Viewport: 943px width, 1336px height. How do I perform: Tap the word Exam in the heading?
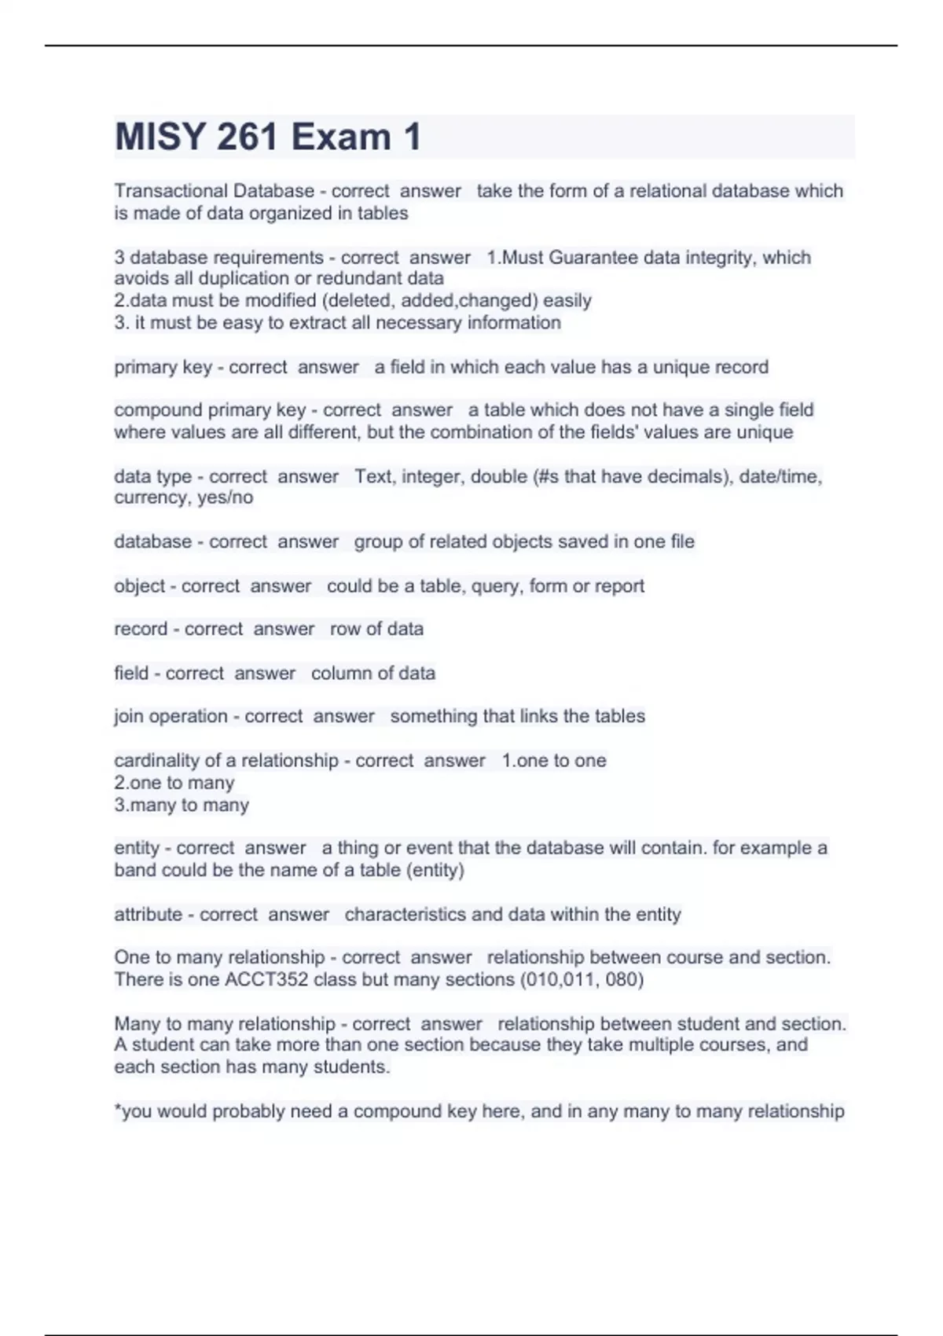click(341, 137)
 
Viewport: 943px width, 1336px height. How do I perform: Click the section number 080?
click(625, 980)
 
